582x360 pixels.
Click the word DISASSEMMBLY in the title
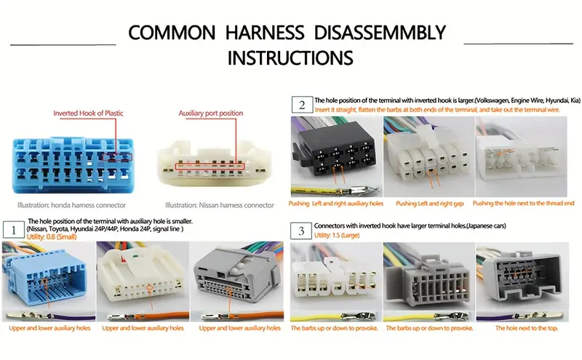tap(380, 33)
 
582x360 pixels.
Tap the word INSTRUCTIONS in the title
tap(290, 58)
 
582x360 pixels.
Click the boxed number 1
tap(13, 230)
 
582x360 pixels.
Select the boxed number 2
tap(302, 105)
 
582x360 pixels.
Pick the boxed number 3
tap(301, 231)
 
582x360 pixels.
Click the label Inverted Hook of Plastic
tap(88, 113)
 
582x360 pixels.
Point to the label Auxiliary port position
tap(211, 113)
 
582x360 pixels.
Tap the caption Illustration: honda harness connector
tap(71, 205)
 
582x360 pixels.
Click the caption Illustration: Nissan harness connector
tap(220, 205)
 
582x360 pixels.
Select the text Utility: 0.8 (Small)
tap(52, 237)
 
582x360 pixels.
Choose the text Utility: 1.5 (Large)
tap(337, 236)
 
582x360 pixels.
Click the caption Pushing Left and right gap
tap(429, 204)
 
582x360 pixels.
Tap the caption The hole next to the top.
tap(526, 328)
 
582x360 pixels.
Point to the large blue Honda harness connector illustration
tap(73, 165)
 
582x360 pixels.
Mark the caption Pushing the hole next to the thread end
tap(523, 204)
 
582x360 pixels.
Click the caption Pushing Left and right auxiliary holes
tap(335, 204)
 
